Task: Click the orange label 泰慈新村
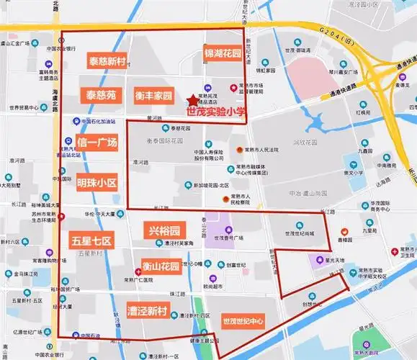[107, 61]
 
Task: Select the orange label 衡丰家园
[153, 95]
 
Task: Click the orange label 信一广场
[97, 143]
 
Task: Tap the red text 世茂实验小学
[215, 112]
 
